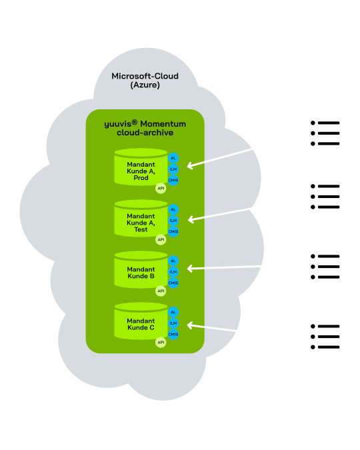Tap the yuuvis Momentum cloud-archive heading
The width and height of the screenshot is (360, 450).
point(145,128)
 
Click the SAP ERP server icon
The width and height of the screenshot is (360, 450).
point(325,133)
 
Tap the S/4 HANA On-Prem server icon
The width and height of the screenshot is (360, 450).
point(325,197)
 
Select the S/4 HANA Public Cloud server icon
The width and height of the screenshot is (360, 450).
point(325,267)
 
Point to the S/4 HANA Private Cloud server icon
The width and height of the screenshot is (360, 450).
point(325,337)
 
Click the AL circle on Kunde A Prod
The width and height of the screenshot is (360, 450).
point(173,158)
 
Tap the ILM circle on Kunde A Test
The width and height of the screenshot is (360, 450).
point(173,220)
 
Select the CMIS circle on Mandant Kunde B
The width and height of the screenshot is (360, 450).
point(173,283)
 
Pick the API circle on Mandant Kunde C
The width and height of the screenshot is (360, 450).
point(160,342)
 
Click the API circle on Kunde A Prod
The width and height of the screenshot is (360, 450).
point(160,188)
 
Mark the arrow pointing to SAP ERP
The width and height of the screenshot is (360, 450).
point(242,151)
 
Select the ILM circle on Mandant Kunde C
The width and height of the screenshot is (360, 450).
point(173,323)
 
